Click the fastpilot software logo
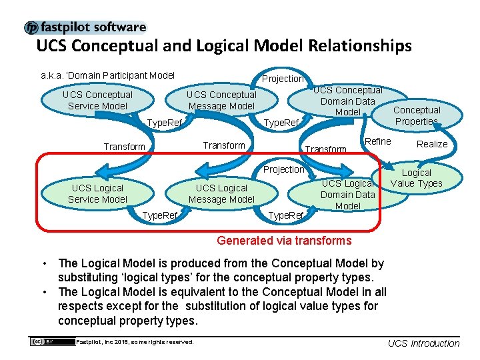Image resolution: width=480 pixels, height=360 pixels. [x=85, y=27]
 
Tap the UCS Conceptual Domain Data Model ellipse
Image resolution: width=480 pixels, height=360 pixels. [x=347, y=100]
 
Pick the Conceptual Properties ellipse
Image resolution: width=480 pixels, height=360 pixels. [x=417, y=115]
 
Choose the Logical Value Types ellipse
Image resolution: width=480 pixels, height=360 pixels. [x=417, y=178]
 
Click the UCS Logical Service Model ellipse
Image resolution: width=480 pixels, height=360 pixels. [x=97, y=193]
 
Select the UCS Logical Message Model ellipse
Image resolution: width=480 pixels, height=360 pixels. [x=221, y=193]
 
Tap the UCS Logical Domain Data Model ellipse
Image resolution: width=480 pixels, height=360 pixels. [x=347, y=194]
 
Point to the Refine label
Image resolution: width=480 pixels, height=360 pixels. [x=378, y=141]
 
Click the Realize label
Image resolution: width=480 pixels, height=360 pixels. [x=432, y=144]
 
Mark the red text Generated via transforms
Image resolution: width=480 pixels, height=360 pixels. [x=284, y=241]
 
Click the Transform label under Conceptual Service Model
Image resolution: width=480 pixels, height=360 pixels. [x=124, y=147]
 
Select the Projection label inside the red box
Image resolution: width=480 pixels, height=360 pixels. [x=283, y=169]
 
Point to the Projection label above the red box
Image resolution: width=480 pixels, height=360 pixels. [x=283, y=79]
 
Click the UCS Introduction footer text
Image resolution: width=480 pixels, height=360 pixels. [x=423, y=343]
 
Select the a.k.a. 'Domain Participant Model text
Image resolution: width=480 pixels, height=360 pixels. [x=107, y=75]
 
